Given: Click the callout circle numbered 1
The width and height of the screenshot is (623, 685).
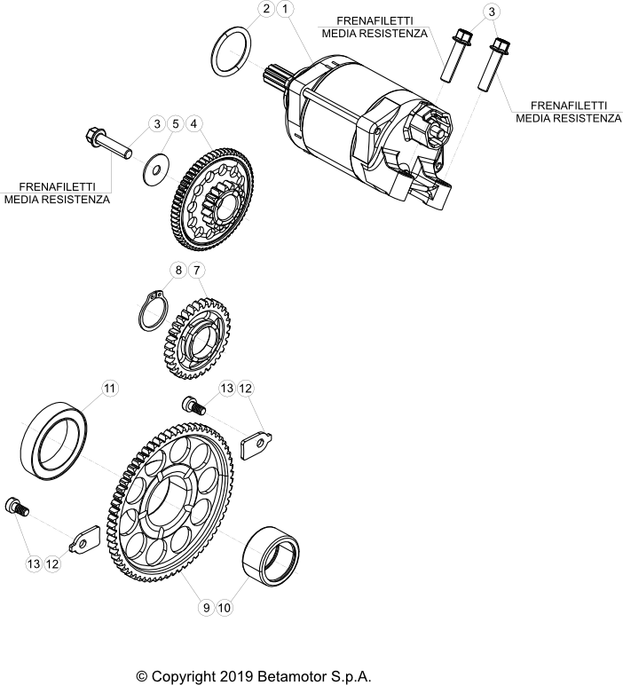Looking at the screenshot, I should pyautogui.click(x=285, y=10).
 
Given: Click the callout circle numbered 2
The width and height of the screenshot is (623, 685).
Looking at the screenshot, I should pyautogui.click(x=265, y=10).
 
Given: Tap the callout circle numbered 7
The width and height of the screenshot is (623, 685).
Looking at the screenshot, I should pyautogui.click(x=197, y=269).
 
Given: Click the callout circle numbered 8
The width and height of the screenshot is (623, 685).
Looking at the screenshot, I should pyautogui.click(x=177, y=269).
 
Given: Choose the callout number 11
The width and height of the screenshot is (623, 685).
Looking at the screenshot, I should pyautogui.click(x=109, y=389).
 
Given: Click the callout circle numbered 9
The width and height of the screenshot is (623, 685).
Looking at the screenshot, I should pyautogui.click(x=206, y=608).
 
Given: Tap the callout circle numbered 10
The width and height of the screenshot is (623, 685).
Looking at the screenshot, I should pyautogui.click(x=225, y=608).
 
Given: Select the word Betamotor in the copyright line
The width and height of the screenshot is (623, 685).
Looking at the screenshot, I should pyautogui.click(x=297, y=676).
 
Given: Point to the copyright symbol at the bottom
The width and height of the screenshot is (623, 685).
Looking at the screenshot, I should pyautogui.click(x=142, y=676).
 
